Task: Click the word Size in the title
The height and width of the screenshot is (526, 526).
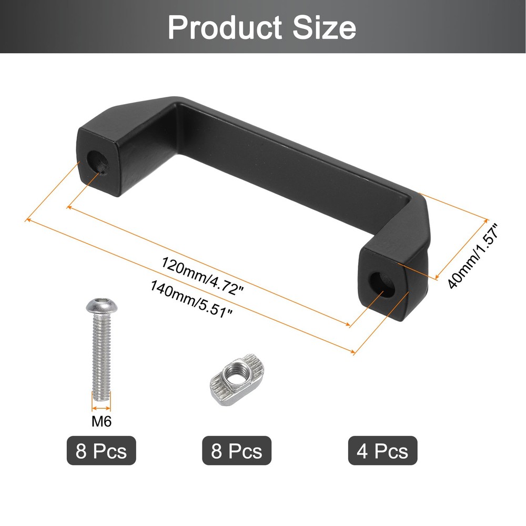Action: point(325,27)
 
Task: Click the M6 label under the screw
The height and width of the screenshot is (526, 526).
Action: point(102,421)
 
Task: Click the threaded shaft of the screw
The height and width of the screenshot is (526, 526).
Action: point(102,358)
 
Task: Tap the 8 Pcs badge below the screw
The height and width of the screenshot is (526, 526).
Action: point(101,451)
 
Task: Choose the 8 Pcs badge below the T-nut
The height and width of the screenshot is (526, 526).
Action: point(237,451)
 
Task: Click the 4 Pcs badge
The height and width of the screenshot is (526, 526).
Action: point(382,451)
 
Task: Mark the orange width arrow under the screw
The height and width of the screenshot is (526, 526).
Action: point(102,407)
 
